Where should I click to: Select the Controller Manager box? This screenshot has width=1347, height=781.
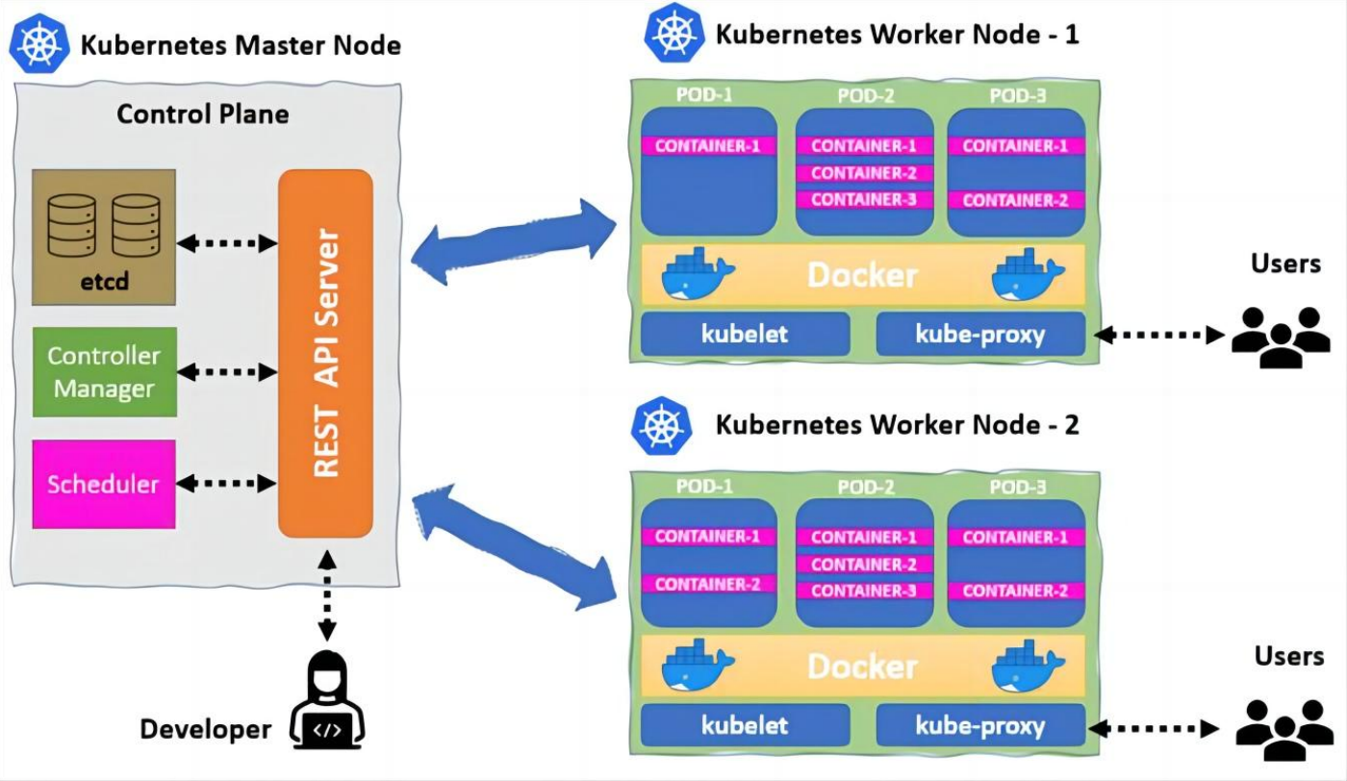[104, 371]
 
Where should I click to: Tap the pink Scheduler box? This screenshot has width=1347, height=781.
[104, 484]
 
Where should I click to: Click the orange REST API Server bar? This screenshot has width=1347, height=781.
[325, 353]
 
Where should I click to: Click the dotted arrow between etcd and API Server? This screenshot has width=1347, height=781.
[227, 243]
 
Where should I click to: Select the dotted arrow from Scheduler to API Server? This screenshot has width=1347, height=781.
[227, 483]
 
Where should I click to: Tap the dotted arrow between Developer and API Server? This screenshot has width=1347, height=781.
[327, 594]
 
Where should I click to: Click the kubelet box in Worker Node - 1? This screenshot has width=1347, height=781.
[745, 335]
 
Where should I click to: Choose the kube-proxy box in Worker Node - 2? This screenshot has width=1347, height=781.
[979, 725]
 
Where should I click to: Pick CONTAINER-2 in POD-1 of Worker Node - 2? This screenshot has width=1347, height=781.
[707, 584]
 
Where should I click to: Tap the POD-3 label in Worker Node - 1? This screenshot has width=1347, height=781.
[1017, 95]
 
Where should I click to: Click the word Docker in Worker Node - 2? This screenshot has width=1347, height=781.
[862, 667]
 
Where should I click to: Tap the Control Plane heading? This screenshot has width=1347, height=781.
[202, 114]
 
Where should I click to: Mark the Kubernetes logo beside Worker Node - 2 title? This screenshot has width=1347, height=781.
[663, 426]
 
